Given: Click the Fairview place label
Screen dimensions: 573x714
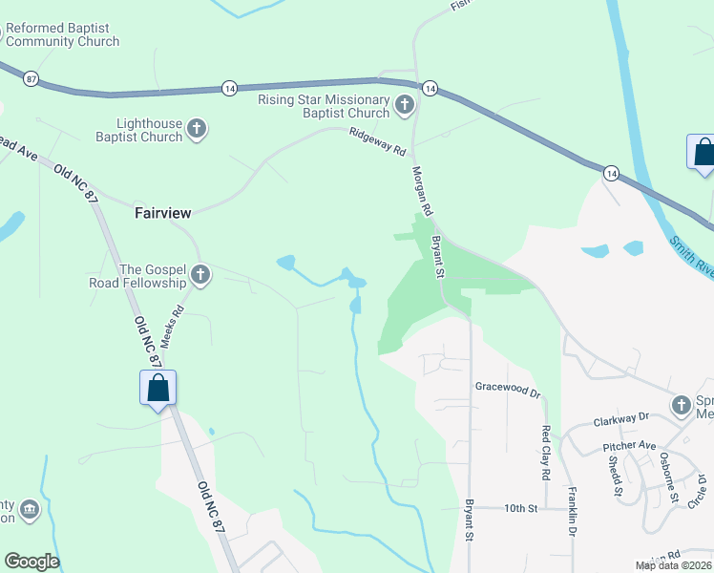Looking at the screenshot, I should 163,213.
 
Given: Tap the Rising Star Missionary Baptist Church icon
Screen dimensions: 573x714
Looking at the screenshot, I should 404,105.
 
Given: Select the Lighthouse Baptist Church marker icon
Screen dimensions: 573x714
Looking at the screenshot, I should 197,129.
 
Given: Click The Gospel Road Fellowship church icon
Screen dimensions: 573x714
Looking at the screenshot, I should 200,276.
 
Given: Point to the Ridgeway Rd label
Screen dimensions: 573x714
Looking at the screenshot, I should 377,143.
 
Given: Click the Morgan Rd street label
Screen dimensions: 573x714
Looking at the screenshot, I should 422,191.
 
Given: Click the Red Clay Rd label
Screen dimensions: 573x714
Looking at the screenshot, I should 546,453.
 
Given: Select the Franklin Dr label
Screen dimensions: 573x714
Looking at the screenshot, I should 572,515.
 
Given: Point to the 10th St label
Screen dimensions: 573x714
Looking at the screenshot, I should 521,509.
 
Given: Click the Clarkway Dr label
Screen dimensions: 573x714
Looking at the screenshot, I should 620,417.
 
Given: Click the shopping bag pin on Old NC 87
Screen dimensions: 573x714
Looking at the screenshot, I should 158,388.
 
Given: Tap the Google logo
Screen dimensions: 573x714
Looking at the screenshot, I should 31,562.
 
